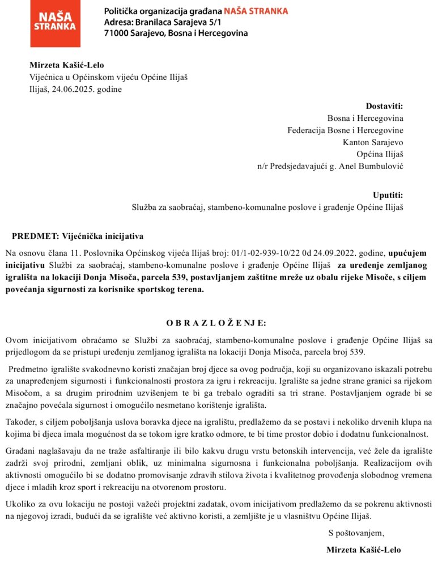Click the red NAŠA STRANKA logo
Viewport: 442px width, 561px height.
tap(54, 23)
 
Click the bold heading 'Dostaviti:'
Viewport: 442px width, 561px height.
tap(384, 106)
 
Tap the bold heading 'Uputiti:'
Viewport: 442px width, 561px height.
tap(388, 195)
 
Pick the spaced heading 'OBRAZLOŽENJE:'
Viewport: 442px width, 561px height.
tap(215, 323)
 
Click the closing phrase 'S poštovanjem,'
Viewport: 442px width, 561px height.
tap(356, 533)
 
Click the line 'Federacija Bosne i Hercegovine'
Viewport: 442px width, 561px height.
tap(345, 130)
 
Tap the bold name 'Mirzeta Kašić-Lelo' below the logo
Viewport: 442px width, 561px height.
tap(67, 65)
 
